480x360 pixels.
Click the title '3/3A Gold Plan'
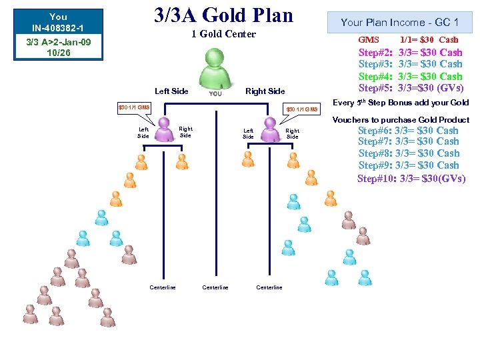[223, 15]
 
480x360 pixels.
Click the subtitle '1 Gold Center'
[223, 34]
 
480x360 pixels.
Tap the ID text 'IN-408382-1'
[58, 28]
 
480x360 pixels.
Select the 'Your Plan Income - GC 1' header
[399, 22]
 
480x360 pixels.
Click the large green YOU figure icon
[216, 70]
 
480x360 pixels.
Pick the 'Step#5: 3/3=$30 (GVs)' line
[410, 88]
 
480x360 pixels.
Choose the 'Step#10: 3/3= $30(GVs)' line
[411, 178]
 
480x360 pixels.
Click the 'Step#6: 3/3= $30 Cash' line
[408, 131]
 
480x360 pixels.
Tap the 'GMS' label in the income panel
[369, 40]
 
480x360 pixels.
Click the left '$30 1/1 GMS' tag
[134, 107]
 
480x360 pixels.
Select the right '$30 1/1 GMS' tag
[302, 109]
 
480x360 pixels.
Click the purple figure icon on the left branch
[163, 129]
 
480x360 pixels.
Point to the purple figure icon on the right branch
[270, 130]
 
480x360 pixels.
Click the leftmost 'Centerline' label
[163, 287]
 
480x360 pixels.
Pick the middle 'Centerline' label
[215, 287]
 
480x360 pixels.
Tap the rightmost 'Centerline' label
[269, 287]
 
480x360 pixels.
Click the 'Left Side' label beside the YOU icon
[171, 91]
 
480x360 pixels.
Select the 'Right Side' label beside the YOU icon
[265, 91]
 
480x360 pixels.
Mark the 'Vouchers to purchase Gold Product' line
[401, 120]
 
